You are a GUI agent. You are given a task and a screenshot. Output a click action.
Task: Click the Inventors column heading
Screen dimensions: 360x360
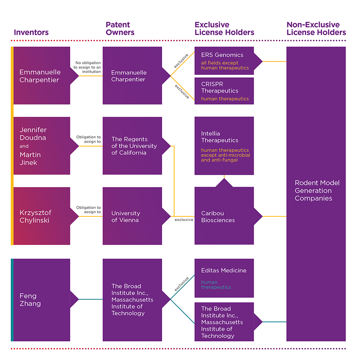click(31, 32)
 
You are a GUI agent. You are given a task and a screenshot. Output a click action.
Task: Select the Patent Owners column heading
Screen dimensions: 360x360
click(120, 29)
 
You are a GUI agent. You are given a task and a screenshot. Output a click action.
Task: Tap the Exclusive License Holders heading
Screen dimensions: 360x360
click(224, 29)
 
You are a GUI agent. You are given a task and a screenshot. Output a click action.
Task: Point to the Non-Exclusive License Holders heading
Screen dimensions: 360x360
click(316, 29)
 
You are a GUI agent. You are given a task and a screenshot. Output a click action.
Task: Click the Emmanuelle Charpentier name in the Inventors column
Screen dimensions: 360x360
click(40, 76)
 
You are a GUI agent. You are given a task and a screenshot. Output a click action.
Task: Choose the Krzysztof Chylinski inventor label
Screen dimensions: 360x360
click(35, 216)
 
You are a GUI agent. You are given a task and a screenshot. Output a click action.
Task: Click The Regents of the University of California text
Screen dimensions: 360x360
click(134, 146)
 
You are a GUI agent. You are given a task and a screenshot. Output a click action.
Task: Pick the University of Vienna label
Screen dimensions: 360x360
click(125, 216)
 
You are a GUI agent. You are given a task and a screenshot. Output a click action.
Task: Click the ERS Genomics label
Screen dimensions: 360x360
click(222, 55)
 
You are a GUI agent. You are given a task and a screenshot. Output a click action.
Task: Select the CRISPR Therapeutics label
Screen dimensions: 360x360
click(220, 87)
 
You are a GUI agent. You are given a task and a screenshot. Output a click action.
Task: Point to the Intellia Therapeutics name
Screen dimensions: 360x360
click(220, 137)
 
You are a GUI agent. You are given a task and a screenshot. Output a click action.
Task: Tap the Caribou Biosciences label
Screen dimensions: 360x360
click(218, 216)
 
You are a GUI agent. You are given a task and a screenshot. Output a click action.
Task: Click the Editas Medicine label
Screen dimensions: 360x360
click(223, 270)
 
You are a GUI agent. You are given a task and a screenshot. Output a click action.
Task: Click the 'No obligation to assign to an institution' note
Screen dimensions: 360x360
click(87, 67)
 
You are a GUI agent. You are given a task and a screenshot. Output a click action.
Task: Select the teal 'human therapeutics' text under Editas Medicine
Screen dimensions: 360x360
click(216, 285)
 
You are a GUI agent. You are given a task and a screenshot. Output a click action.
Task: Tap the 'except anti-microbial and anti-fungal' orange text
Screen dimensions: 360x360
click(226, 158)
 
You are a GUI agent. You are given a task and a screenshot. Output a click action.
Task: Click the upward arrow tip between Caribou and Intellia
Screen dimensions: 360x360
click(224, 179)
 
